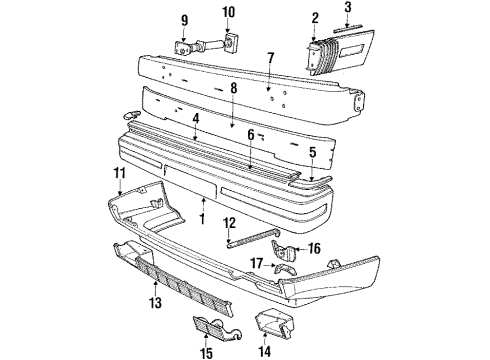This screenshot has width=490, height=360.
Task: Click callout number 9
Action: (184, 20)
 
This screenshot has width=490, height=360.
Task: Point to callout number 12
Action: (228, 249)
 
